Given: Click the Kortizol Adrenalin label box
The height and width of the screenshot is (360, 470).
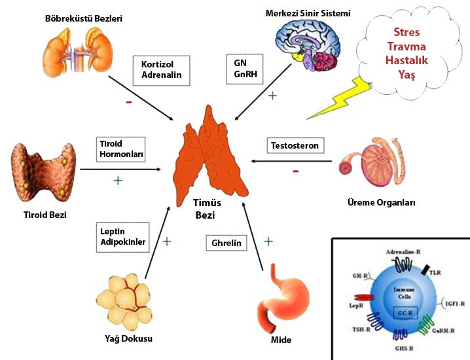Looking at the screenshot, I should pos(166,69).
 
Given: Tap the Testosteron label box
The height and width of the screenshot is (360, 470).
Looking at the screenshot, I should pos(296,145).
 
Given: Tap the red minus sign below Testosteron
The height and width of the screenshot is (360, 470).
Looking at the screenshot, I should pos(296,171).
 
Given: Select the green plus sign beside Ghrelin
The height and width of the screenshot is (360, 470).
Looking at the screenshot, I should pos(268,242).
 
